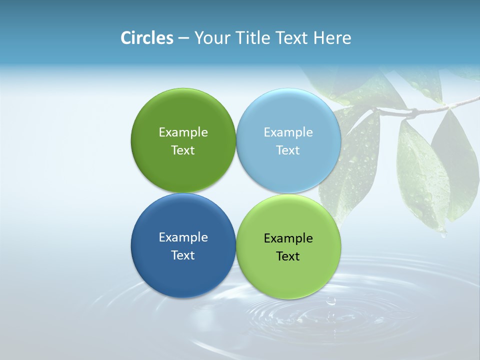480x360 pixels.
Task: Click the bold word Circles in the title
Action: click(147, 38)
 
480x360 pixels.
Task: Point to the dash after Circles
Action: click(183, 38)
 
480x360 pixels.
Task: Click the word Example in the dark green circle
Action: click(183, 132)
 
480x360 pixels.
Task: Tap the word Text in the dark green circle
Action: click(183, 150)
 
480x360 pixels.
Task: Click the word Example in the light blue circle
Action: click(288, 132)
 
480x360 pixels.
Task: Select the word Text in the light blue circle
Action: click(288, 150)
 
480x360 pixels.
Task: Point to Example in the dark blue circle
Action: click(183, 237)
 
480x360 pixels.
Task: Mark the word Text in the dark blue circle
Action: click(183, 255)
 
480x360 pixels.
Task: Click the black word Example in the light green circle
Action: click(288, 238)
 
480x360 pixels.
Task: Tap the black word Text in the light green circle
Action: click(288, 256)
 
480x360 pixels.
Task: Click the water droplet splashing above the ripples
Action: click(330, 301)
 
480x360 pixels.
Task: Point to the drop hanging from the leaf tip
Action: click(443, 233)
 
